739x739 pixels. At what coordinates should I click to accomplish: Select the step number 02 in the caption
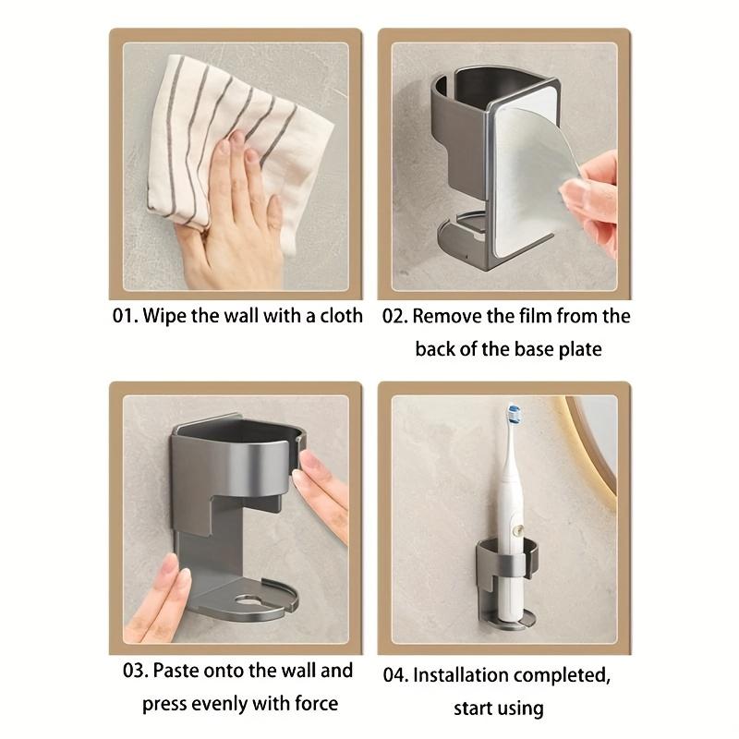(x=395, y=316)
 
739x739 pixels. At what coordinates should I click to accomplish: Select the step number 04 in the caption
(x=395, y=674)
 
